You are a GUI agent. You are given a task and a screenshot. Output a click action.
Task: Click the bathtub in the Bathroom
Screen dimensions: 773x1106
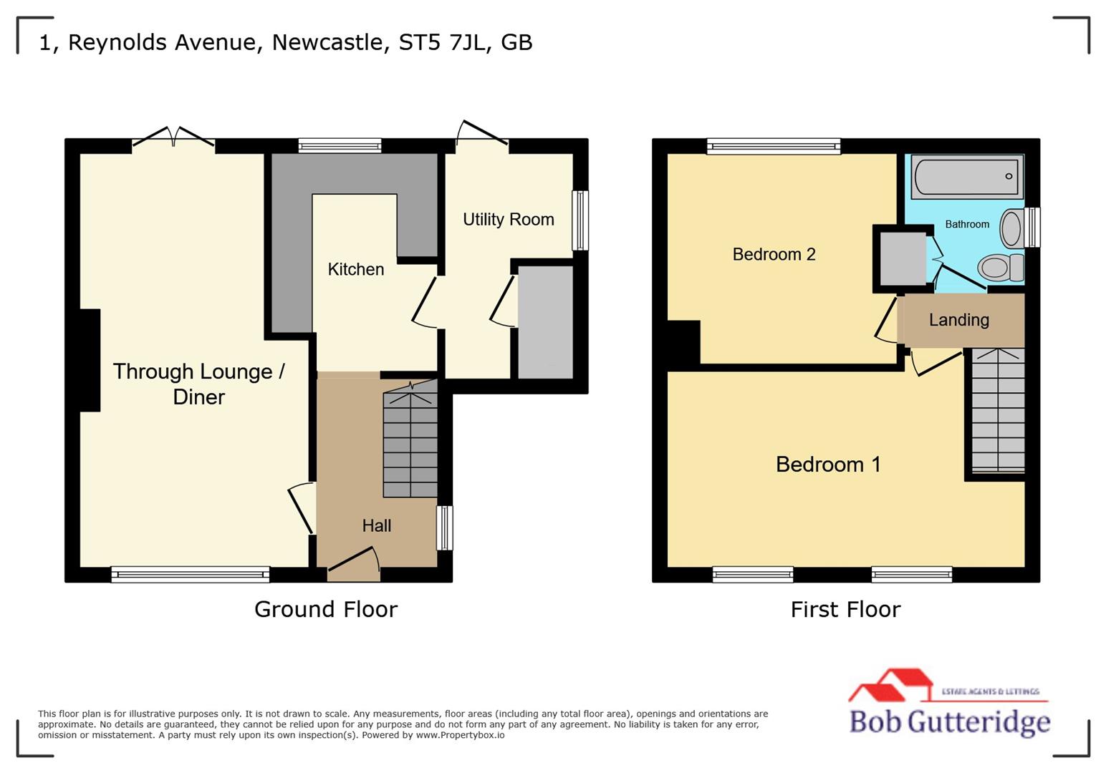966,177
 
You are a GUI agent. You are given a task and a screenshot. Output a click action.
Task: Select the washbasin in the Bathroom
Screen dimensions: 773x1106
1011,228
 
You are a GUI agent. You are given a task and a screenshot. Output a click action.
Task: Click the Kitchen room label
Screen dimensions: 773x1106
355,269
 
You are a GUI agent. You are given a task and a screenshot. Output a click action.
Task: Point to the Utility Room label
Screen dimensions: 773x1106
508,219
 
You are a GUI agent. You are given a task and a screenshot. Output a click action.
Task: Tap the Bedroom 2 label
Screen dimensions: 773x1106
774,254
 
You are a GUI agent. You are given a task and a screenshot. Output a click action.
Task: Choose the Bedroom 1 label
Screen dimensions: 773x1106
827,465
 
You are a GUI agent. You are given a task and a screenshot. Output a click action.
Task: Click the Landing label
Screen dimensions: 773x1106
958,320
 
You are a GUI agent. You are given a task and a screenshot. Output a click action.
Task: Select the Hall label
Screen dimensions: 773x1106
376,525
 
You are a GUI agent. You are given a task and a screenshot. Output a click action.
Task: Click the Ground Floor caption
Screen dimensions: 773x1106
325,609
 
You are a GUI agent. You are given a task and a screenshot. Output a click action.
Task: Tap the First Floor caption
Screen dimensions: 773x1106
845,609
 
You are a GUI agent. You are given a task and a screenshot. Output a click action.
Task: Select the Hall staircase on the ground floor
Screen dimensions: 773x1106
410,444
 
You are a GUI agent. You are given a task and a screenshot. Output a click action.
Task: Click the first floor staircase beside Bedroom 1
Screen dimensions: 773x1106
997,412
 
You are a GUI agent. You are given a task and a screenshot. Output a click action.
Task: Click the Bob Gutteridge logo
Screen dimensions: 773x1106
948,704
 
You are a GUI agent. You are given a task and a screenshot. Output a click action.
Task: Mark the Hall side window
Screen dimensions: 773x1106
445,528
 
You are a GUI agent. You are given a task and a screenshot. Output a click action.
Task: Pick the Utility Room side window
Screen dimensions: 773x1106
580,220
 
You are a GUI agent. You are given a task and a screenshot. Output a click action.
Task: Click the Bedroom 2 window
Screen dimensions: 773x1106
773,147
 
